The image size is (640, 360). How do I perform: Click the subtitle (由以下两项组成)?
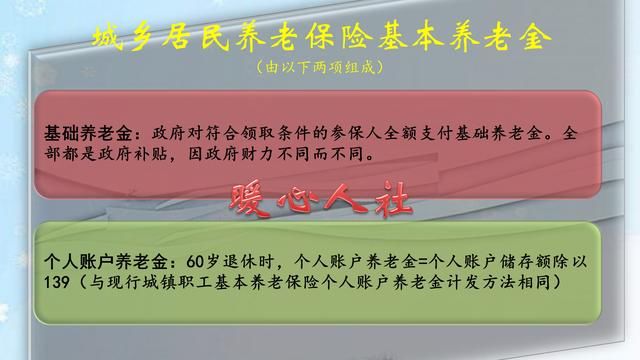319,69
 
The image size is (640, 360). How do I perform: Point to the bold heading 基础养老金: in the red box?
97,133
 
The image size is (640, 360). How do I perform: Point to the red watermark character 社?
391,197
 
